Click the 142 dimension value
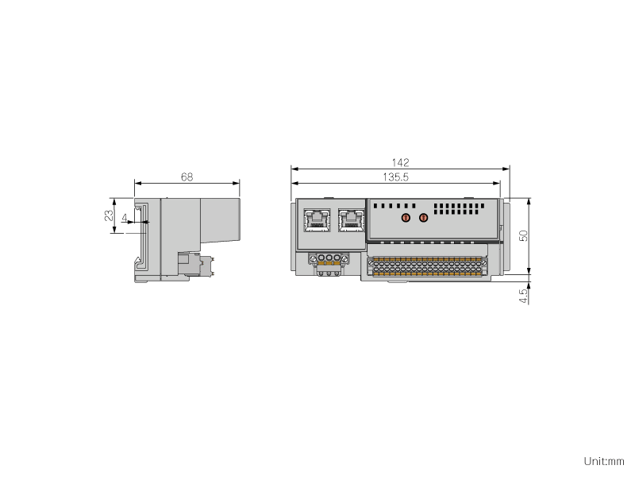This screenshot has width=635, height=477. tap(400, 163)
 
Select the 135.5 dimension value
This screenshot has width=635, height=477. tap(395, 177)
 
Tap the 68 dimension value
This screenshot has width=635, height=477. tap(187, 176)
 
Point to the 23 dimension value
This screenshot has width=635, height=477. tap(110, 215)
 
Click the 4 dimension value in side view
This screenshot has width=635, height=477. tap(125, 218)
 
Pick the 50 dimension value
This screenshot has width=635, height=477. tap(523, 235)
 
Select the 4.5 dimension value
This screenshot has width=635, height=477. tap(523, 296)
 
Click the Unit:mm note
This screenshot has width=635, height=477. tap(604, 461)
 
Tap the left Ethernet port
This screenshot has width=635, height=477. tap(317, 220)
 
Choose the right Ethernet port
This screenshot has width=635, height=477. tap(352, 220)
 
